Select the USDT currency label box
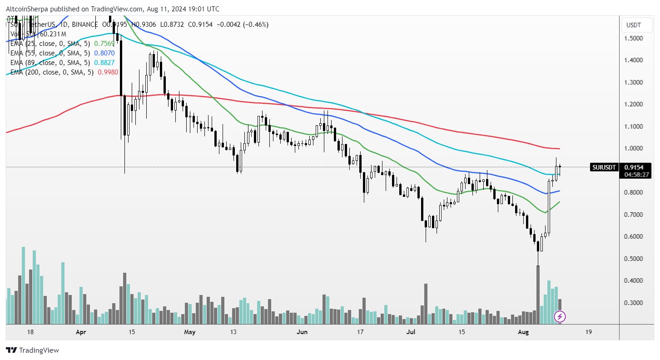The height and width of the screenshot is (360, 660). pos(633,25)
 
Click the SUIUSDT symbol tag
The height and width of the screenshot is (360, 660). pos(604,167)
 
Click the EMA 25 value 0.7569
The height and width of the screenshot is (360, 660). pos(104,44)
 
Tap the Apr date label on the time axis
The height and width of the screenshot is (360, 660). pos(81,332)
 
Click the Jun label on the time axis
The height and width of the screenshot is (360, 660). pos(302,332)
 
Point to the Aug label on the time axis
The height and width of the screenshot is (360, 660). pos(523,332)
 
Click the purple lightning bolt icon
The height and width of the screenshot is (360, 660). pos(560,316)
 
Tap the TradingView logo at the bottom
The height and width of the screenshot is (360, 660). pos(32,350)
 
